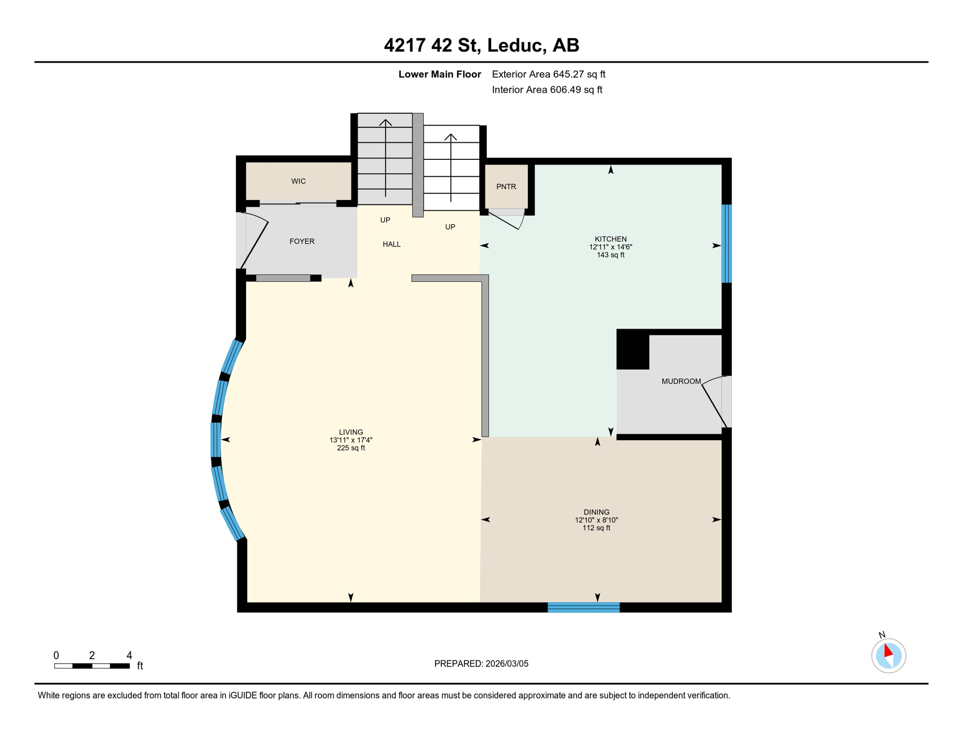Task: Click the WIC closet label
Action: tap(298, 181)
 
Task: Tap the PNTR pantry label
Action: tap(506, 186)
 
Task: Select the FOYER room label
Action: tap(302, 241)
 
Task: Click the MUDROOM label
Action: tap(681, 381)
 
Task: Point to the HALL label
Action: tap(391, 244)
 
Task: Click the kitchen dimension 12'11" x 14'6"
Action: tap(610, 247)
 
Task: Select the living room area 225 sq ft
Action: tap(351, 448)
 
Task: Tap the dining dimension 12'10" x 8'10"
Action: tap(596, 520)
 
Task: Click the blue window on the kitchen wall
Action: tap(726, 244)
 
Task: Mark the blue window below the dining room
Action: tap(583, 607)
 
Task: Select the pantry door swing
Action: tap(506, 220)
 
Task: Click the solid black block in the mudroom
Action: tap(633, 349)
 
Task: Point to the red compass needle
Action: tap(888, 650)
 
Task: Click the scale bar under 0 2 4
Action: tap(92, 666)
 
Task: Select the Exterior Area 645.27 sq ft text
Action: tap(548, 74)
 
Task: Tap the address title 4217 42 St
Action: tap(481, 45)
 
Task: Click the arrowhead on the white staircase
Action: tap(450, 137)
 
